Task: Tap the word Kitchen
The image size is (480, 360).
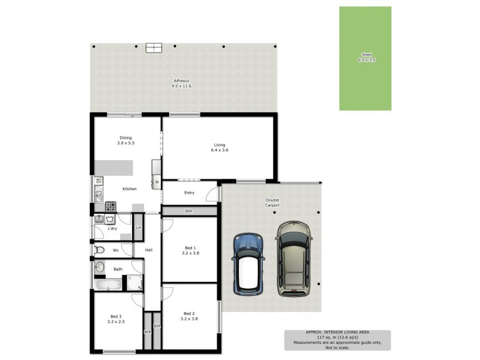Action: (x=130, y=189)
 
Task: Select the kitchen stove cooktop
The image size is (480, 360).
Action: (x=111, y=206)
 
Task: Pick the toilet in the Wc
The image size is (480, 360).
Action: (x=101, y=250)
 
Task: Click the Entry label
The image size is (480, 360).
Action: (x=189, y=193)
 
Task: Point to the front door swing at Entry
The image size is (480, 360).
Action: (x=211, y=194)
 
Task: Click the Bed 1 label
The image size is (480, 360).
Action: (x=190, y=248)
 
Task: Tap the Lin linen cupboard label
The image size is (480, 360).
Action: (x=139, y=228)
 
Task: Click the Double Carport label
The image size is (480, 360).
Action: (x=273, y=202)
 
